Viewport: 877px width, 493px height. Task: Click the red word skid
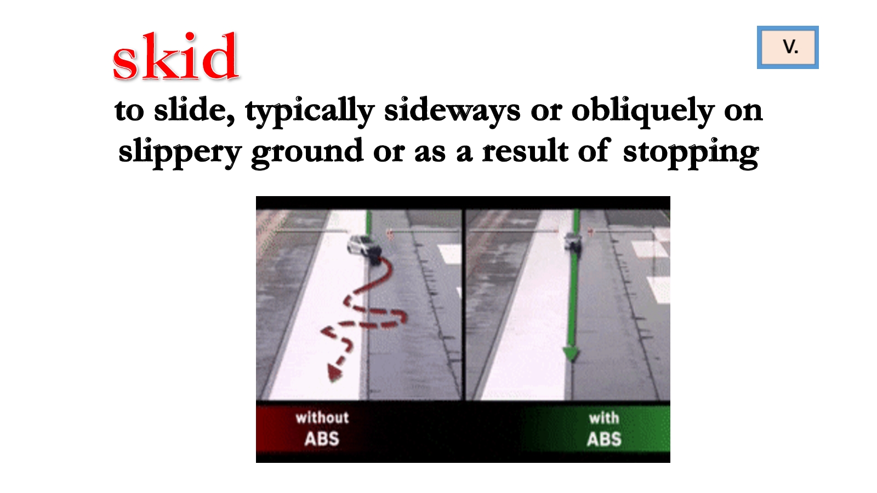(175, 56)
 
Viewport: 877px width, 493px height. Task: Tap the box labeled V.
(788, 47)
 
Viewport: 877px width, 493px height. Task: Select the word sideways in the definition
(452, 111)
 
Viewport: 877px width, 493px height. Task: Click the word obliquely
(642, 111)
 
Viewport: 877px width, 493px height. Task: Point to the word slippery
(180, 152)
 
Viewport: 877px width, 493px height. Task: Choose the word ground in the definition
(307, 153)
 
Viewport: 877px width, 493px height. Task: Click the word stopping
(691, 153)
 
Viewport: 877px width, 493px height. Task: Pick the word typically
(310, 112)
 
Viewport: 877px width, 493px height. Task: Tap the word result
(525, 151)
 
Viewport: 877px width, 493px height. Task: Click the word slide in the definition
(194, 110)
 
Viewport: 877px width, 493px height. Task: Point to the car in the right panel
(573, 242)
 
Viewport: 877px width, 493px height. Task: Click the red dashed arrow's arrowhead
(334, 373)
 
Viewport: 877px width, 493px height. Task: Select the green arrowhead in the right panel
(571, 354)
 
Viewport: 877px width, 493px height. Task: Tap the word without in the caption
(322, 418)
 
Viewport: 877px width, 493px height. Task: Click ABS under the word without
(322, 439)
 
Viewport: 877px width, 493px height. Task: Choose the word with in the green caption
(604, 419)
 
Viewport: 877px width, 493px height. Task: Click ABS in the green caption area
(604, 439)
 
